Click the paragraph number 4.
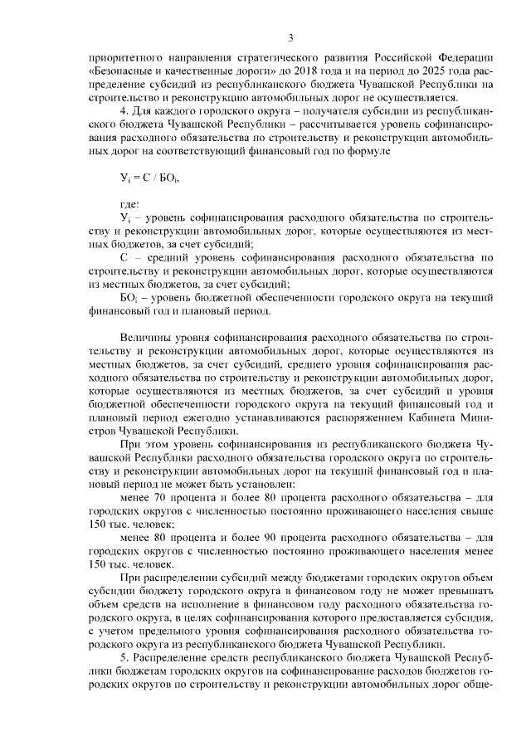pos(124,110)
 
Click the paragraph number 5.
pos(124,656)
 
